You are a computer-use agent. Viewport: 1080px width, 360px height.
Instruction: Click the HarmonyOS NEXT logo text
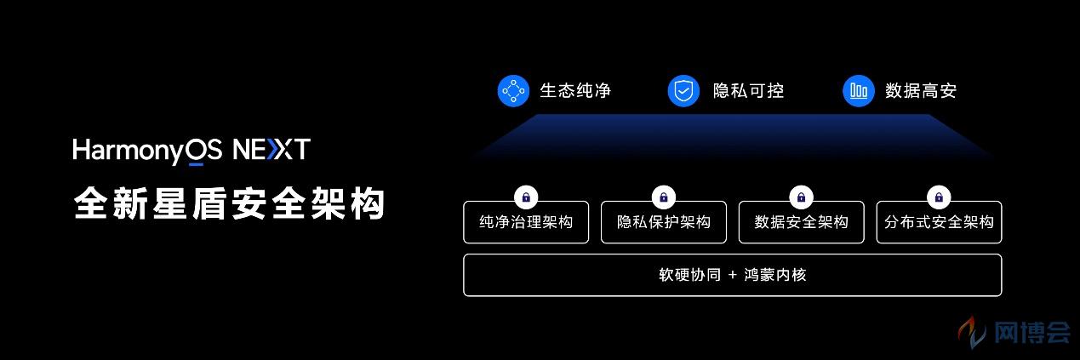pyautogui.click(x=191, y=151)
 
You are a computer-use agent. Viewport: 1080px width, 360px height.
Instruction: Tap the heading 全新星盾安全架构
pyautogui.click(x=230, y=204)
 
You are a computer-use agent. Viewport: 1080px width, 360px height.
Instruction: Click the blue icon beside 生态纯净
pyautogui.click(x=513, y=90)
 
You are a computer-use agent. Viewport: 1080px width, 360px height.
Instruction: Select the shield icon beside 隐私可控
pyautogui.click(x=683, y=90)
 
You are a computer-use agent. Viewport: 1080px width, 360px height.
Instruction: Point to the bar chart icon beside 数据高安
pyautogui.click(x=859, y=90)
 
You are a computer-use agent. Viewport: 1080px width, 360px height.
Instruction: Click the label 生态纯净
pyautogui.click(x=575, y=90)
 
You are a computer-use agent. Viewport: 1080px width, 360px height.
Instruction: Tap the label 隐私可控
pyautogui.click(x=748, y=90)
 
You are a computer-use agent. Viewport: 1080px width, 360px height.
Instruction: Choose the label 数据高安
pyautogui.click(x=921, y=90)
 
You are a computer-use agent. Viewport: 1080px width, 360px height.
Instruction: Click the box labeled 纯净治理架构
pyautogui.click(x=526, y=222)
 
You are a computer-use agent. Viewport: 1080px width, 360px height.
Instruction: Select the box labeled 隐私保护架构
pyautogui.click(x=664, y=222)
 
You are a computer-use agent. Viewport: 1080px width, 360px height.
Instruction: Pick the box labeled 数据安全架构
pyautogui.click(x=802, y=222)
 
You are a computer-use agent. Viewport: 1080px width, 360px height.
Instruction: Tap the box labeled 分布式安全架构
pyautogui.click(x=940, y=222)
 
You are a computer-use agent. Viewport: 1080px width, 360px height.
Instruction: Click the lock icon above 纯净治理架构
pyautogui.click(x=526, y=197)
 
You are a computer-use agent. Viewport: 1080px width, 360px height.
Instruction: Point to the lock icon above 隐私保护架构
pyautogui.click(x=664, y=197)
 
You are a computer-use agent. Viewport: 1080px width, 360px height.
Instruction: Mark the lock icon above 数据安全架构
pyautogui.click(x=802, y=197)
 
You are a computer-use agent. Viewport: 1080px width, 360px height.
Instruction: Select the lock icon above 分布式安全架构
pyautogui.click(x=940, y=197)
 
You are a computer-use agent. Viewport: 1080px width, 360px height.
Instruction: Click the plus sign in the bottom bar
pyautogui.click(x=733, y=275)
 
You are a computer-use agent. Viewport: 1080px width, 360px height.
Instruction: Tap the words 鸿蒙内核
pyautogui.click(x=775, y=275)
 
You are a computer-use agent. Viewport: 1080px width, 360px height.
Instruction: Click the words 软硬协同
pyautogui.click(x=690, y=275)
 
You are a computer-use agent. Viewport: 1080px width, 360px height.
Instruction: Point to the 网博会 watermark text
pyautogui.click(x=1031, y=333)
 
